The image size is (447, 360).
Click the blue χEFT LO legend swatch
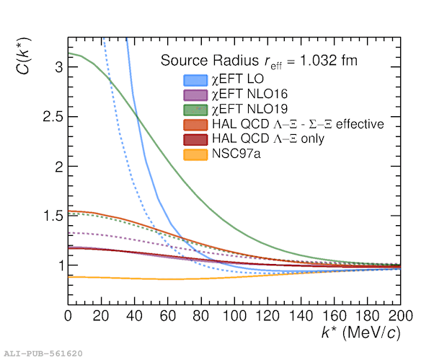(195, 80)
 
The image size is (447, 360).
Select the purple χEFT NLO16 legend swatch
(195, 95)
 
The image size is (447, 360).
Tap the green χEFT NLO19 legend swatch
(195, 110)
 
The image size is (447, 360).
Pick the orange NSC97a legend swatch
(195, 154)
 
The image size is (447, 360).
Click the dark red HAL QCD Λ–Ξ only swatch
(195, 139)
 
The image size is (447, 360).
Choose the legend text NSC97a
(236, 154)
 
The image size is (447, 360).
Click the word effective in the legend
(360, 124)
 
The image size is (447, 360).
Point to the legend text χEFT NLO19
(249, 109)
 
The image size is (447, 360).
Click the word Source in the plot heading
(184, 61)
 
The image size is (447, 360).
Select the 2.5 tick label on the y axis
(53, 117)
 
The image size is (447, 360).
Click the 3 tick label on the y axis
(58, 67)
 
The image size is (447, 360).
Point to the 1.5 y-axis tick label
(53, 216)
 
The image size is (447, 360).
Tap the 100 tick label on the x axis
(234, 316)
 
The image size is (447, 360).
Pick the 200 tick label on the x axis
(401, 316)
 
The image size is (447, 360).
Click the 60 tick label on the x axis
(167, 316)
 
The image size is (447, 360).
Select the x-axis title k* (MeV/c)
(361, 333)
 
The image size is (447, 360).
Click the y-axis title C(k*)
(23, 56)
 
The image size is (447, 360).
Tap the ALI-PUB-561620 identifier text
(43, 354)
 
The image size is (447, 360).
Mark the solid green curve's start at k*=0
(68, 53)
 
